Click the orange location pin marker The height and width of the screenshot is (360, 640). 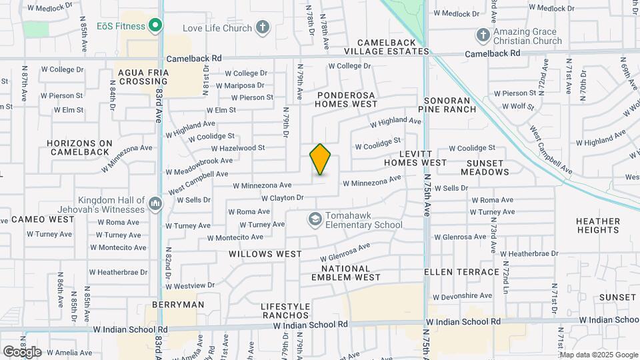320,159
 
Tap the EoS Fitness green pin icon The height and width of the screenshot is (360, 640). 155,26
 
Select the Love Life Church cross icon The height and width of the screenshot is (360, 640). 263,28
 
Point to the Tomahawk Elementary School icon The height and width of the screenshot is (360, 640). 314,219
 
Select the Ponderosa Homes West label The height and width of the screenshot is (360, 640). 346,99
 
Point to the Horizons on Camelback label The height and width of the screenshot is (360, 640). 80,147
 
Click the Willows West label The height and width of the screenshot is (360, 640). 265,254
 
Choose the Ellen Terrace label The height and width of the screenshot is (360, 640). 462,272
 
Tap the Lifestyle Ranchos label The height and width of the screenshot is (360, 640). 285,311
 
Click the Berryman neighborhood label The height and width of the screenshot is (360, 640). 178,305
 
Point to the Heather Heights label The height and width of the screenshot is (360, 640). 598,225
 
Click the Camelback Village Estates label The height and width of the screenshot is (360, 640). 387,47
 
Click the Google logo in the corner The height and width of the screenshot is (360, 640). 22,352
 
